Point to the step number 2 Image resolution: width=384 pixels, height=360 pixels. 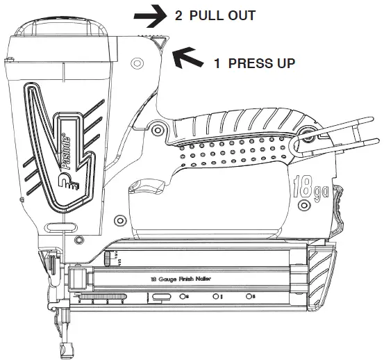point(179,15)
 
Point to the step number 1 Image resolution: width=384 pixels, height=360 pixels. point(217,63)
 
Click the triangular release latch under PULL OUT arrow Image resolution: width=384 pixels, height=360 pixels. point(159,43)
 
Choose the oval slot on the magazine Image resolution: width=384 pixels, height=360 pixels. point(162,297)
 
